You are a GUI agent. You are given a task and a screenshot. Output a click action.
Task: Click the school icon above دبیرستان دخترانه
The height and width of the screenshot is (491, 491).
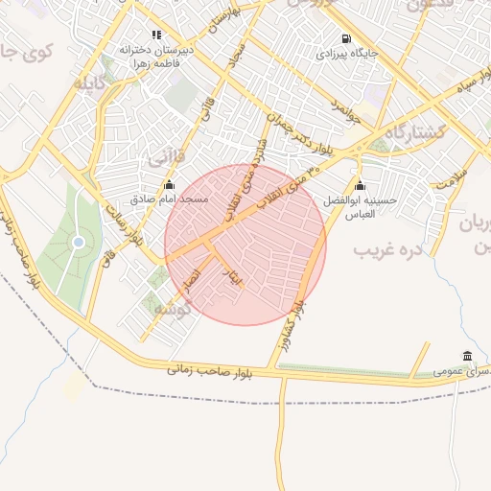tap(156, 35)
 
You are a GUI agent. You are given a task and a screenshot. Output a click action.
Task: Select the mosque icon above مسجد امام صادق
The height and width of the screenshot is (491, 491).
tap(169, 184)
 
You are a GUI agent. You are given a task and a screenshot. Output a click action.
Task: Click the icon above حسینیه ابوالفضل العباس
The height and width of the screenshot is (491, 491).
tap(360, 185)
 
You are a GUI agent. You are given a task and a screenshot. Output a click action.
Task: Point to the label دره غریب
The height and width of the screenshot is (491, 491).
tap(388, 250)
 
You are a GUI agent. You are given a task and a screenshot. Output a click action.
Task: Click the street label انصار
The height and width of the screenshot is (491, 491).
tap(192, 278)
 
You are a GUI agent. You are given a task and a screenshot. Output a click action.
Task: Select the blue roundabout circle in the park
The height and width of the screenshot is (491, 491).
tap(78, 243)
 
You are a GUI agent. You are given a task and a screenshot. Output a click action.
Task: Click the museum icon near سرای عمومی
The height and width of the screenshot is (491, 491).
tap(467, 356)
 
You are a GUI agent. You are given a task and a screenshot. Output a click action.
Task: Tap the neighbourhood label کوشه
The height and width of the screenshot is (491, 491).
tap(174, 308)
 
